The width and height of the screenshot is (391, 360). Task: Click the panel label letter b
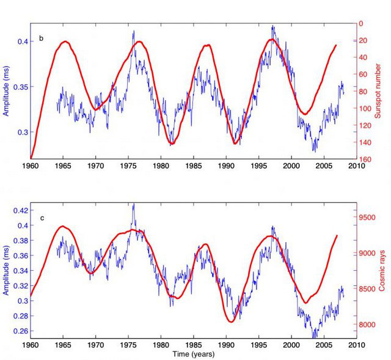point(42,39)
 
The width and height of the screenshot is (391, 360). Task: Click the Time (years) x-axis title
point(193,354)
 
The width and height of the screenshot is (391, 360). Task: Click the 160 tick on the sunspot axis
point(363,160)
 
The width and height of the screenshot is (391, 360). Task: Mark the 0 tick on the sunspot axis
point(360,23)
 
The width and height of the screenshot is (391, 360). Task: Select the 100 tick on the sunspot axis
point(363,108)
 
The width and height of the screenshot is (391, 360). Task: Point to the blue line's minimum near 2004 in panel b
point(315,150)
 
